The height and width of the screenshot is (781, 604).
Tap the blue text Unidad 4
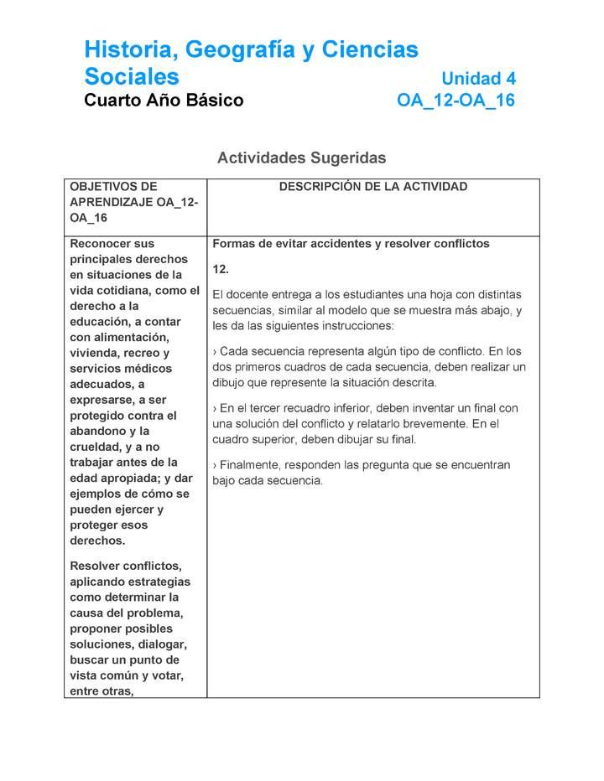click(478, 79)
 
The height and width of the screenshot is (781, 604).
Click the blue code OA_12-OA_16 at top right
click(456, 101)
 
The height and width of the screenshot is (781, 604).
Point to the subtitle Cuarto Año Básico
click(164, 101)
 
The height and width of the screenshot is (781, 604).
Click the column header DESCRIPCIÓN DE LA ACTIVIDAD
click(372, 187)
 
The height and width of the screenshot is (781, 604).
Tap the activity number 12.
click(221, 269)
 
